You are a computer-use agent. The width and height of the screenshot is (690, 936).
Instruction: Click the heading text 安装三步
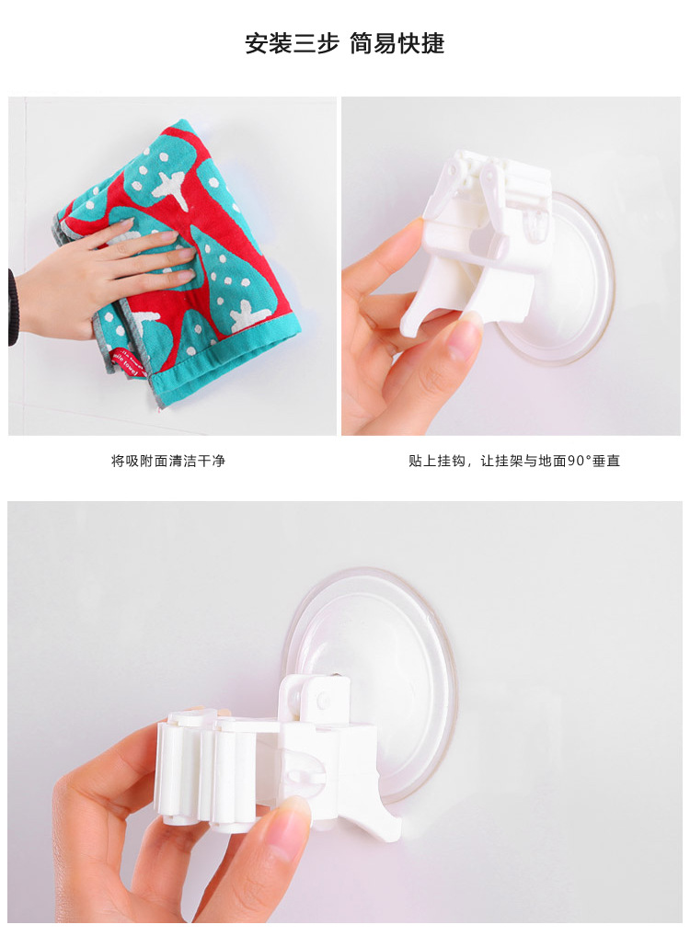(292, 43)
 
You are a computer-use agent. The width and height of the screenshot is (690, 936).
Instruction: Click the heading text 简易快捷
(397, 43)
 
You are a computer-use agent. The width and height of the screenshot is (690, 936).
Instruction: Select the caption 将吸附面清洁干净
(168, 461)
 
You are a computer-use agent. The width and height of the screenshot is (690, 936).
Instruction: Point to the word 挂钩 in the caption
(456, 461)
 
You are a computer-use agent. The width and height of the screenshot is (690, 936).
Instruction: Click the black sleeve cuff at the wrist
(12, 308)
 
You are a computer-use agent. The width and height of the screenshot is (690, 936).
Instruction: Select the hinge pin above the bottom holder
(322, 699)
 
